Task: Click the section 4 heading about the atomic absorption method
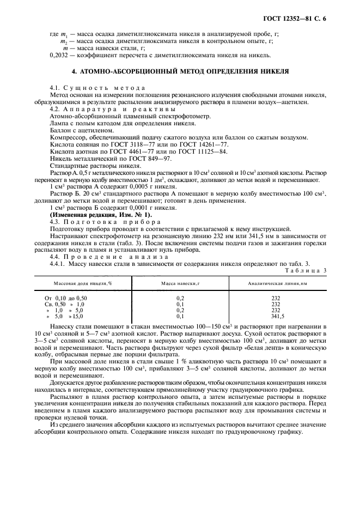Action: click(180, 71)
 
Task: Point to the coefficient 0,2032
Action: click(58, 55)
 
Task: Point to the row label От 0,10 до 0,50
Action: click(65, 299)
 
